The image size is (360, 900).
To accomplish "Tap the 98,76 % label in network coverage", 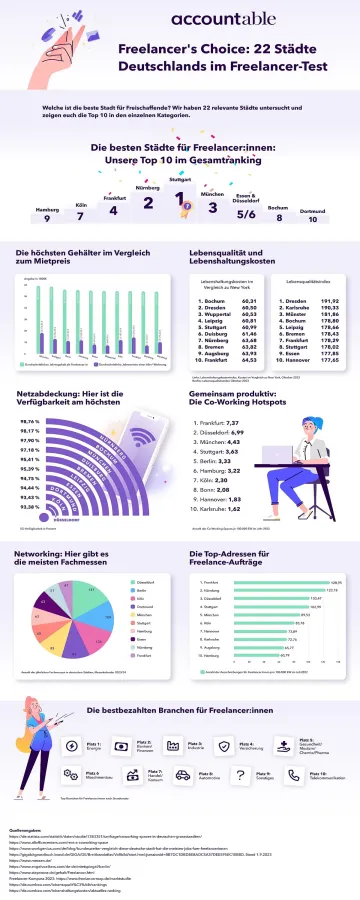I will click(x=29, y=422).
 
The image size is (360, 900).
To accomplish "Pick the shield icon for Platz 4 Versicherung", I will click(x=223, y=747).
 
